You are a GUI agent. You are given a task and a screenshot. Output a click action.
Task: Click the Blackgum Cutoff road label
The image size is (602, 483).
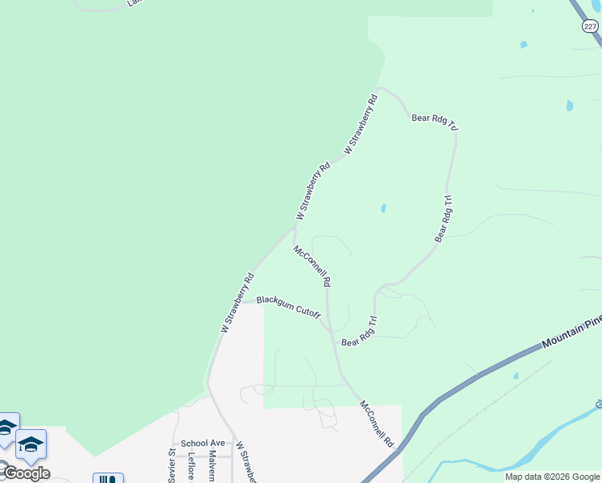(x=289, y=305)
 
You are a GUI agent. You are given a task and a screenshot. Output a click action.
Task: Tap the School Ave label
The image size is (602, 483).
(x=203, y=443)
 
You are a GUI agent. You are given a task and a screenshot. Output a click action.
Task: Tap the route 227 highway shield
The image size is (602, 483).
(x=590, y=27)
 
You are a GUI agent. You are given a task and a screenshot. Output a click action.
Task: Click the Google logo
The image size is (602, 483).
(x=26, y=473)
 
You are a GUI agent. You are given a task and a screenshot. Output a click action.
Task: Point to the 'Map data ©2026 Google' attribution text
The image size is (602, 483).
(x=553, y=477)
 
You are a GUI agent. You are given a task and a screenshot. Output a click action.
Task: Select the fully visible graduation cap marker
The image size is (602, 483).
(x=31, y=444)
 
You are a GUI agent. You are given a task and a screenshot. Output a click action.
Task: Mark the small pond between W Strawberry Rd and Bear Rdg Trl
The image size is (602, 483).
(x=383, y=208)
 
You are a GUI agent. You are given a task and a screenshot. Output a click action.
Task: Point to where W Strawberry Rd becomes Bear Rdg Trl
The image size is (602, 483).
(x=378, y=87)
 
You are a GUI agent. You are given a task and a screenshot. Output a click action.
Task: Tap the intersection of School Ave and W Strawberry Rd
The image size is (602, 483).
(x=233, y=443)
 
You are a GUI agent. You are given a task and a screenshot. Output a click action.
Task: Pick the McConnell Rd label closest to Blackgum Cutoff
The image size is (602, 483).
(x=313, y=266)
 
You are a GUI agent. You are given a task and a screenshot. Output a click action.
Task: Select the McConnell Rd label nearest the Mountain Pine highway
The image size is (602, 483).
(x=377, y=423)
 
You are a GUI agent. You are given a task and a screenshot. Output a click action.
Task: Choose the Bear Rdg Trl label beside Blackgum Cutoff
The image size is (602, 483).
(x=359, y=332)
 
